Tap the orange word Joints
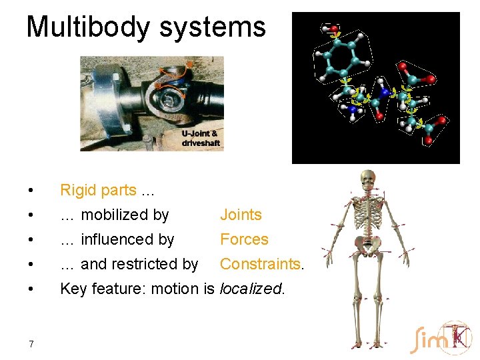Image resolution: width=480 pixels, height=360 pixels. coord(241,215)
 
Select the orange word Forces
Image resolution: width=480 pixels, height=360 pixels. coord(244,239)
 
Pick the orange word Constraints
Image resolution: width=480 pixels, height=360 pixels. coord(260,264)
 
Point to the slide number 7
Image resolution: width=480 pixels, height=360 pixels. coord(31,344)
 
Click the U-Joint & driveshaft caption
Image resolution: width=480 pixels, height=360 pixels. coord(200,138)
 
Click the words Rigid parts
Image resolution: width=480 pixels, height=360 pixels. coord(98,190)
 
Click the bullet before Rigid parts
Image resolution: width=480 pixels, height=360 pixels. coord(31,191)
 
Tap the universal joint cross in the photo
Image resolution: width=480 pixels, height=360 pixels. coord(174,98)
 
